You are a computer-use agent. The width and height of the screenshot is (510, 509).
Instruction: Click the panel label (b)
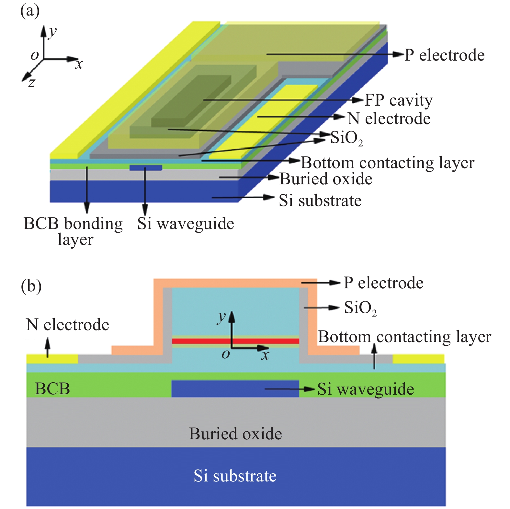(31, 286)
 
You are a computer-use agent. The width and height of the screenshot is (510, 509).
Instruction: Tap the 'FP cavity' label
(399, 100)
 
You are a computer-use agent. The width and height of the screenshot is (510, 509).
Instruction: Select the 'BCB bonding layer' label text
(74, 231)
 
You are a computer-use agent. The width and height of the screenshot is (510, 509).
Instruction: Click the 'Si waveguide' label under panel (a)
(186, 224)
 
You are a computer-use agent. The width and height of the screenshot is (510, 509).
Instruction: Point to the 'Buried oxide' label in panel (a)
(326, 179)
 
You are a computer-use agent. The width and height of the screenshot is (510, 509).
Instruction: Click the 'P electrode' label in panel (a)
(444, 55)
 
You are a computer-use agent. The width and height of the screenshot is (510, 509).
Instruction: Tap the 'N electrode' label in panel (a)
(389, 119)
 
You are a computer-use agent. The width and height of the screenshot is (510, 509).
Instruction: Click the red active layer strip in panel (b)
(235, 341)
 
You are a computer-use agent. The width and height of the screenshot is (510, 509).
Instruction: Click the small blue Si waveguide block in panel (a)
(146, 168)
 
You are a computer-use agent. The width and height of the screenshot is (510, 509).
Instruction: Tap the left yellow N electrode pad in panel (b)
(52, 359)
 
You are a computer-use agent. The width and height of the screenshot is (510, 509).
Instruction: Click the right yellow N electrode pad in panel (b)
(418, 359)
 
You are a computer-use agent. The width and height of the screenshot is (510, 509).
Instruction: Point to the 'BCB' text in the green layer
(52, 388)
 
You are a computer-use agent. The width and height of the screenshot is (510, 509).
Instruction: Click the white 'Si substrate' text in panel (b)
(235, 476)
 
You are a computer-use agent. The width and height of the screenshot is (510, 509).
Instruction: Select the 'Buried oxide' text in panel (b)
(235, 434)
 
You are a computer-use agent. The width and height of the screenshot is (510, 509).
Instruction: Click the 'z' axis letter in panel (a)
(31, 83)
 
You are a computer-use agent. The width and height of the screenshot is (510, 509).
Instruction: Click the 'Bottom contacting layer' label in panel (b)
(404, 337)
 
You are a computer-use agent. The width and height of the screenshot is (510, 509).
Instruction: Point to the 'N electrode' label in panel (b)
(67, 325)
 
